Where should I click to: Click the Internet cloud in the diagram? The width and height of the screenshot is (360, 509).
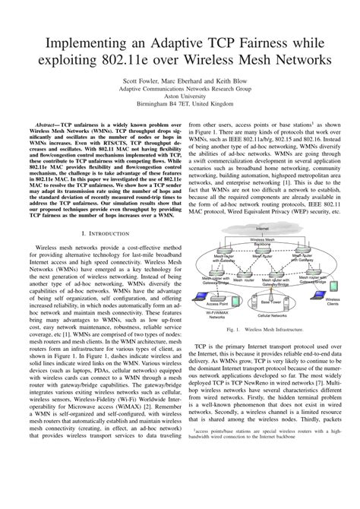pos(262,229)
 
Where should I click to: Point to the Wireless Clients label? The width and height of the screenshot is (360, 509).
pos(332,302)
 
